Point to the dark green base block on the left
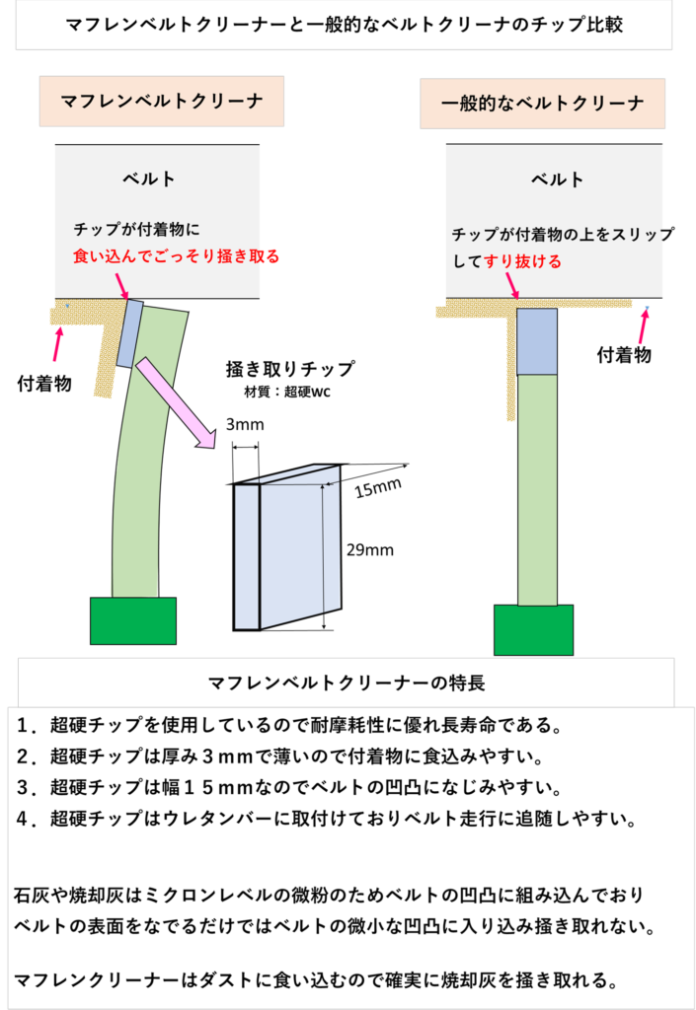pyautogui.click(x=132, y=620)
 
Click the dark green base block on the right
pyautogui.click(x=533, y=629)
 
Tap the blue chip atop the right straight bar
pyautogui.click(x=537, y=341)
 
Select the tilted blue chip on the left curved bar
pyautogui.click(x=129, y=333)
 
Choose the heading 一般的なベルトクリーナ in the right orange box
pyautogui.click(x=542, y=104)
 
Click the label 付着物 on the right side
pyautogui.click(x=624, y=355)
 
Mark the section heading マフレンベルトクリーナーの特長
pyautogui.click(x=346, y=682)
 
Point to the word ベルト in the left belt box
pyautogui.click(x=149, y=179)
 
